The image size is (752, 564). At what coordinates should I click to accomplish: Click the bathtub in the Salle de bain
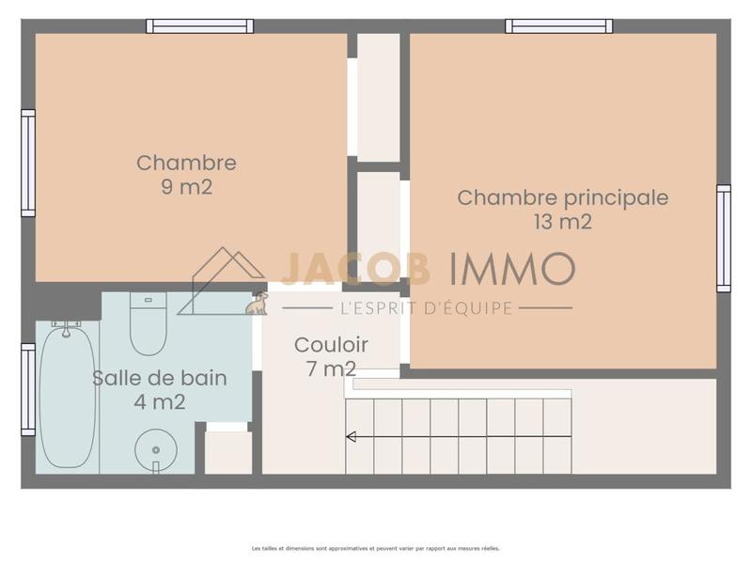coord(67,395)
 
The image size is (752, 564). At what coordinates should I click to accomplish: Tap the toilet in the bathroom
coord(148,324)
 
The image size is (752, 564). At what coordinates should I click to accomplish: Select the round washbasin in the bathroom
coord(155,450)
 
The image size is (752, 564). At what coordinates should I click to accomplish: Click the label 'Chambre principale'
coord(562,197)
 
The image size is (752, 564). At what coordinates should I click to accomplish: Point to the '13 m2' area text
coord(562,222)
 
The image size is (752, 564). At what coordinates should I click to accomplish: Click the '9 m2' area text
coord(186,187)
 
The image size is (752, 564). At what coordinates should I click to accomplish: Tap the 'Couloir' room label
coord(331,344)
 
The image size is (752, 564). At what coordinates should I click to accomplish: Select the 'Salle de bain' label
coord(159,378)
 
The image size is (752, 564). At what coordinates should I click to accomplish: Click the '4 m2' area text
coord(159,402)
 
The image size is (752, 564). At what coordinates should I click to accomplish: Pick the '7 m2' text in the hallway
coord(331,368)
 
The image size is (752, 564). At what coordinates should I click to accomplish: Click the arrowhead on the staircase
coord(351,436)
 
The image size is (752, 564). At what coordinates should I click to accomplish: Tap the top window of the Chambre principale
coord(559,25)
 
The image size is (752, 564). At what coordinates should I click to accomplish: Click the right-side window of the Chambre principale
coord(723,238)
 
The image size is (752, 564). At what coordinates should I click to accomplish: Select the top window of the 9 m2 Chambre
coord(199,25)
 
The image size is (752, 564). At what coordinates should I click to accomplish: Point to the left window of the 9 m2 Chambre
coord(28,163)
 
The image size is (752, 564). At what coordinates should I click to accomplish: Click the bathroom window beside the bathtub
coord(28,389)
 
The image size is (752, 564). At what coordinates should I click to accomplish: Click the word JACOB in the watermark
coord(355,270)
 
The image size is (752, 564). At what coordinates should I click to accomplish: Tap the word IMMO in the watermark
coord(512,270)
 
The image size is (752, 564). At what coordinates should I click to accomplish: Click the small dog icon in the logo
coord(256,303)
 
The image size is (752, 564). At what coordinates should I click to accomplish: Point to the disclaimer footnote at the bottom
coord(375,548)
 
